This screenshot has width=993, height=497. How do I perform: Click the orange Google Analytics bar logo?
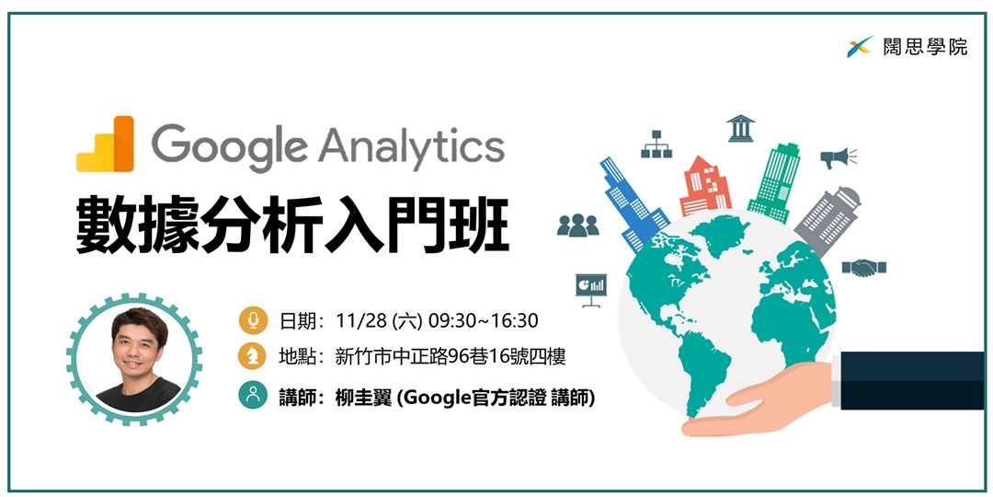[105, 144]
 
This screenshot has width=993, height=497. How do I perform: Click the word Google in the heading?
[230, 146]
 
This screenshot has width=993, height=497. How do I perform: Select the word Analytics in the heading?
[412, 146]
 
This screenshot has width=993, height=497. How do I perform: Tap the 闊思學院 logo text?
[926, 47]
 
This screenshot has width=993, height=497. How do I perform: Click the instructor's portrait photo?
[135, 359]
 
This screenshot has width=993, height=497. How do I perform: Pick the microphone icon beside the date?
[253, 321]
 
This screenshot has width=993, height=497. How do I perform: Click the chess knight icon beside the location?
[253, 357]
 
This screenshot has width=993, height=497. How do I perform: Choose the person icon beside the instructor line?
[253, 395]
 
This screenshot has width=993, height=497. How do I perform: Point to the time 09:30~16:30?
[484, 321]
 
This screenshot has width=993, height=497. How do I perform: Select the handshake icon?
[863, 268]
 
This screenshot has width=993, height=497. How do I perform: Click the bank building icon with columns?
[740, 128]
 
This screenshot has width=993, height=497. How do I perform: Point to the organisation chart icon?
[656, 144]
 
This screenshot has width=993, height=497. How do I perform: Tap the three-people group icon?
[577, 225]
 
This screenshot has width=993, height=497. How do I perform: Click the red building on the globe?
[704, 186]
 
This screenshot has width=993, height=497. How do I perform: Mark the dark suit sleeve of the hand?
[912, 380]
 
